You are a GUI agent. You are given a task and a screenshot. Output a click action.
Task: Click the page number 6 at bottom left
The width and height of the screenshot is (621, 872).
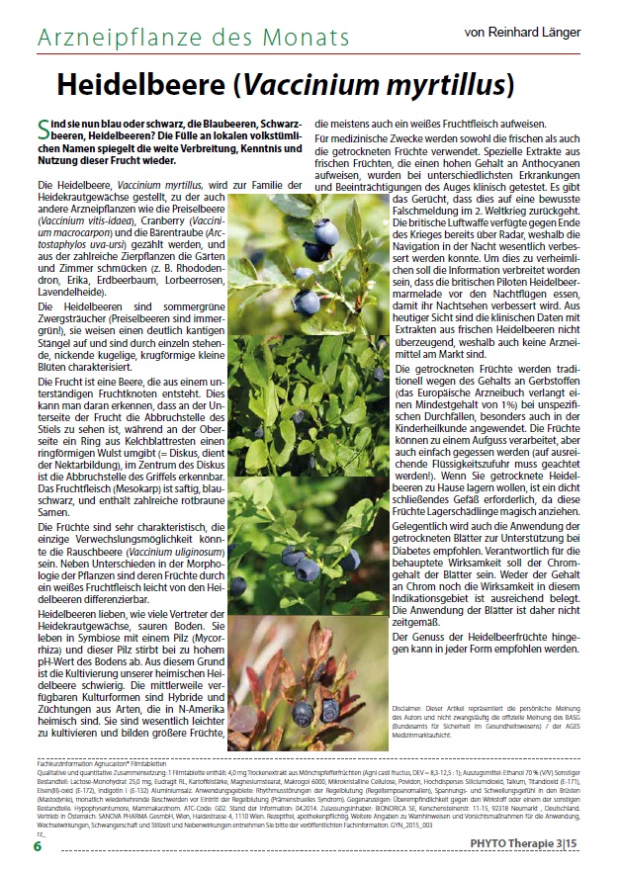click(x=37, y=845)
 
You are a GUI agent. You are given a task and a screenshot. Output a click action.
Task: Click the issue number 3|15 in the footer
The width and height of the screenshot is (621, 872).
click(x=585, y=845)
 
